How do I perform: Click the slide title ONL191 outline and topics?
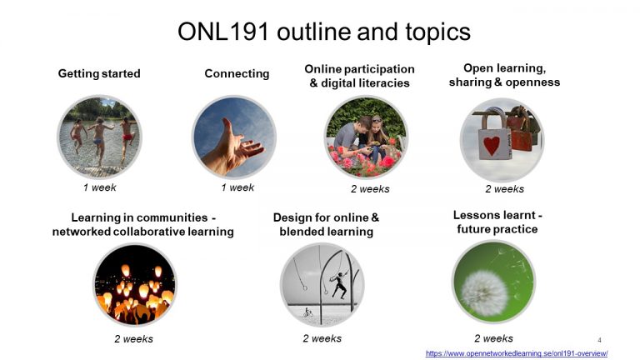[x=323, y=32]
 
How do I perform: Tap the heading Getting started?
[x=99, y=73]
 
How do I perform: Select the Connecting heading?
[x=237, y=73]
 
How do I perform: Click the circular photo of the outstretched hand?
[x=233, y=137]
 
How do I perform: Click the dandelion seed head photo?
[x=492, y=282]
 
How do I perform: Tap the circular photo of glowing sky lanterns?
[x=134, y=284]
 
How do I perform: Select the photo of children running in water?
[x=99, y=136]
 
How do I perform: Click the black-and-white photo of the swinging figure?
[x=322, y=284]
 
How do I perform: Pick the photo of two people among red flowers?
[x=365, y=137]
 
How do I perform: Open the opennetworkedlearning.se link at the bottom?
[x=516, y=353]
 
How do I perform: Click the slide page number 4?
[x=599, y=340]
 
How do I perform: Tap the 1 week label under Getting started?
[x=99, y=187]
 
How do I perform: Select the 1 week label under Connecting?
[x=237, y=187]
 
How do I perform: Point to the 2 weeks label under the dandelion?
[x=493, y=338]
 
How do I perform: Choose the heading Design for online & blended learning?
[x=326, y=224]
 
